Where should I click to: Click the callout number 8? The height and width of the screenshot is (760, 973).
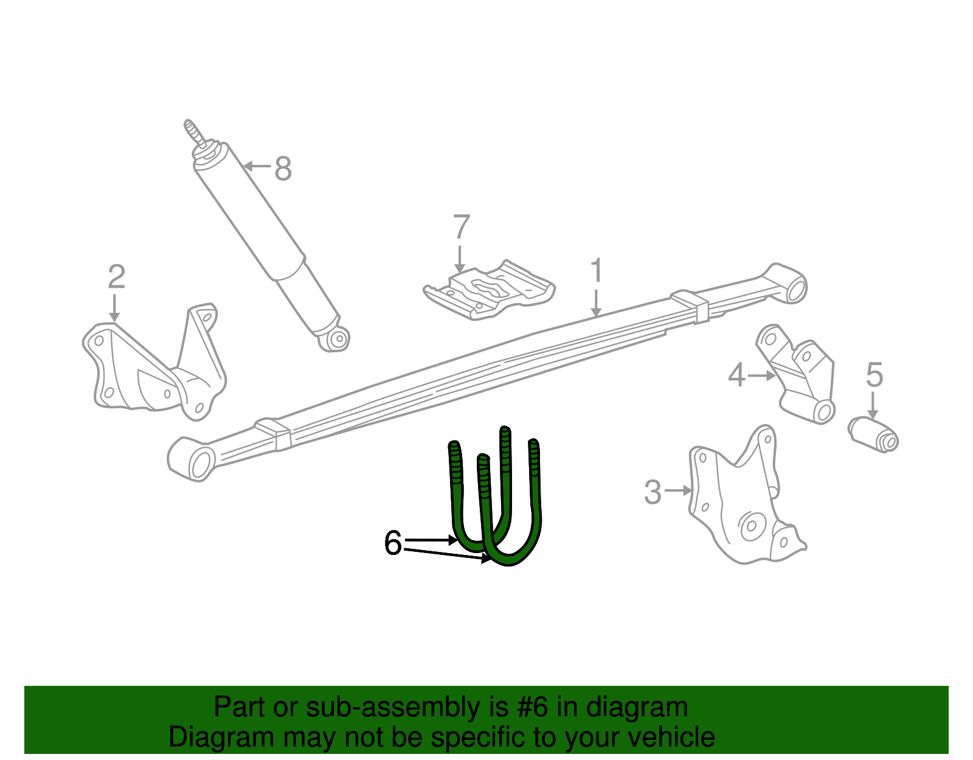(283, 169)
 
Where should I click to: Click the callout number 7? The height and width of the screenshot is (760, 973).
(462, 228)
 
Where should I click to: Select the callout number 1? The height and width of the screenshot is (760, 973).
(597, 271)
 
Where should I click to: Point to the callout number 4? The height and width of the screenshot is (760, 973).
(736, 375)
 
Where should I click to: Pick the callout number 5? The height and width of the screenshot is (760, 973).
(874, 375)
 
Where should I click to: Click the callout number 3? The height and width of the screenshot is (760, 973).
(653, 492)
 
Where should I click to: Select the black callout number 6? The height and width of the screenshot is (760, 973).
(393, 543)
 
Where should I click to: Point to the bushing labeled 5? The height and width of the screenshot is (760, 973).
(874, 434)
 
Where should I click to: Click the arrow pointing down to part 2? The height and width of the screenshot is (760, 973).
(114, 307)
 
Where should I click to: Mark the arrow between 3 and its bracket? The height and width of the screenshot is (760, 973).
(678, 490)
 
